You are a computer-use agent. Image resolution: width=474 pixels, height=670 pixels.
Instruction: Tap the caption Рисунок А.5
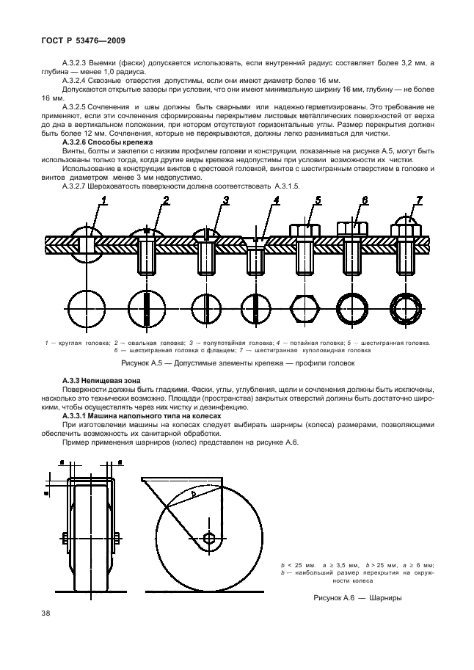point(238,363)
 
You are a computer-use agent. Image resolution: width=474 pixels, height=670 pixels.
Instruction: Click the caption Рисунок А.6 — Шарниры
point(357,597)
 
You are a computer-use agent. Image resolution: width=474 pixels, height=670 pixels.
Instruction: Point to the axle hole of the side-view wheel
point(210,539)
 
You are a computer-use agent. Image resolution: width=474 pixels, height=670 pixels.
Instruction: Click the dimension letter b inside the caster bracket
point(193,495)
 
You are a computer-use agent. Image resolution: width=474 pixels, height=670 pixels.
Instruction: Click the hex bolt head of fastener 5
point(304,229)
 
